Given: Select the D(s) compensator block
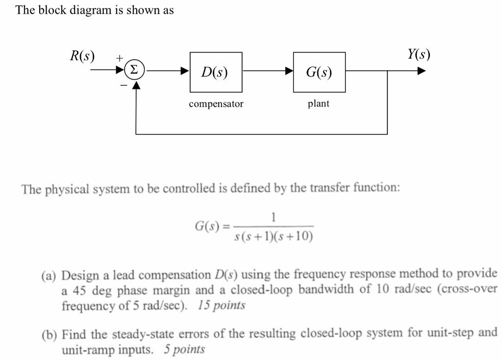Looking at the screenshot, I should (x=216, y=72).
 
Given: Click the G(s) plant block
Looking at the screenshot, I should (x=319, y=72).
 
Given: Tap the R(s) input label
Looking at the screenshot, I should (x=82, y=55).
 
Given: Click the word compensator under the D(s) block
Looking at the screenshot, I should (x=216, y=104).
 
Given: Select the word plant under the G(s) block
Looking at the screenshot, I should (x=319, y=104).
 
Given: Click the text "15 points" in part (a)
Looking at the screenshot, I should (x=222, y=305).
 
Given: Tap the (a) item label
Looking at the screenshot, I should (x=48, y=274).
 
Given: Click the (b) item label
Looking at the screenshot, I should (x=48, y=334).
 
